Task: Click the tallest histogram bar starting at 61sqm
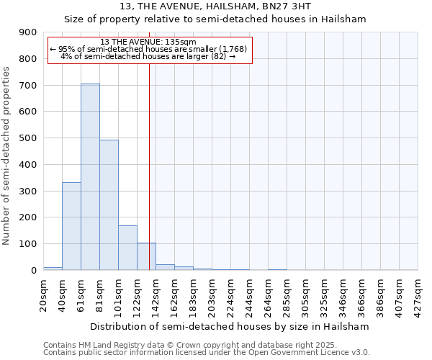click(90, 176)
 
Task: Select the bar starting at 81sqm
click(109, 204)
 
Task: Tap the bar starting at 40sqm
click(71, 226)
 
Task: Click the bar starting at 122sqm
click(146, 256)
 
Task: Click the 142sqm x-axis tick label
click(156, 293)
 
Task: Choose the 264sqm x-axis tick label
click(268, 293)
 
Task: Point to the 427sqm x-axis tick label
click(418, 293)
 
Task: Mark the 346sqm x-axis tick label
click(343, 293)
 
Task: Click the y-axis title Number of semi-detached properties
click(7, 156)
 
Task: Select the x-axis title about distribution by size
click(230, 326)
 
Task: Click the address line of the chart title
click(215, 7)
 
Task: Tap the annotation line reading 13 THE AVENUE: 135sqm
click(148, 42)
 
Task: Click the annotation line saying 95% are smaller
click(148, 49)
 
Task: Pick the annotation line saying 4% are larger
click(148, 56)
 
